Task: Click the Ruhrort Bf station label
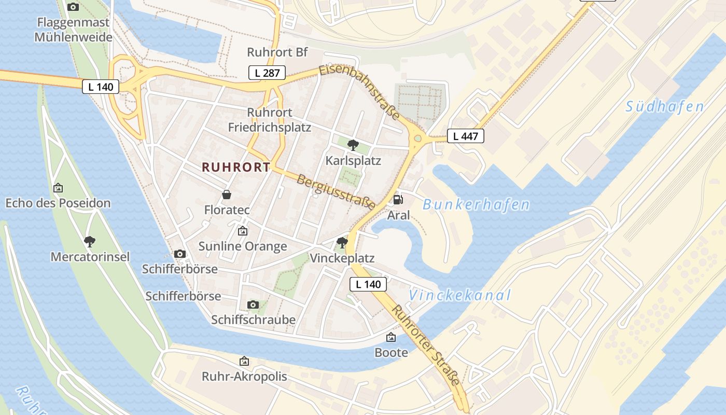(x=277, y=52)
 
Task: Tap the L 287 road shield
(x=267, y=73)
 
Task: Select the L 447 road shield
(x=465, y=136)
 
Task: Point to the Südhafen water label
(x=664, y=107)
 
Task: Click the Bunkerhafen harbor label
(x=476, y=205)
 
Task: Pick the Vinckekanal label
(x=460, y=296)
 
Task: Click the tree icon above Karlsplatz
(x=353, y=145)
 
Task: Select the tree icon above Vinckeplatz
(x=342, y=242)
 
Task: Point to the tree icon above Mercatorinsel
(x=90, y=241)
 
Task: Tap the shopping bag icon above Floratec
(x=227, y=195)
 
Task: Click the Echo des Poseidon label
(x=58, y=203)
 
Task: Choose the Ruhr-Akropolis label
(x=244, y=377)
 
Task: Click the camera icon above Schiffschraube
(x=253, y=304)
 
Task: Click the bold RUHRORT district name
(x=236, y=167)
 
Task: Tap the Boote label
(x=391, y=353)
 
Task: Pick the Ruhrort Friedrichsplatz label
(x=270, y=120)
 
